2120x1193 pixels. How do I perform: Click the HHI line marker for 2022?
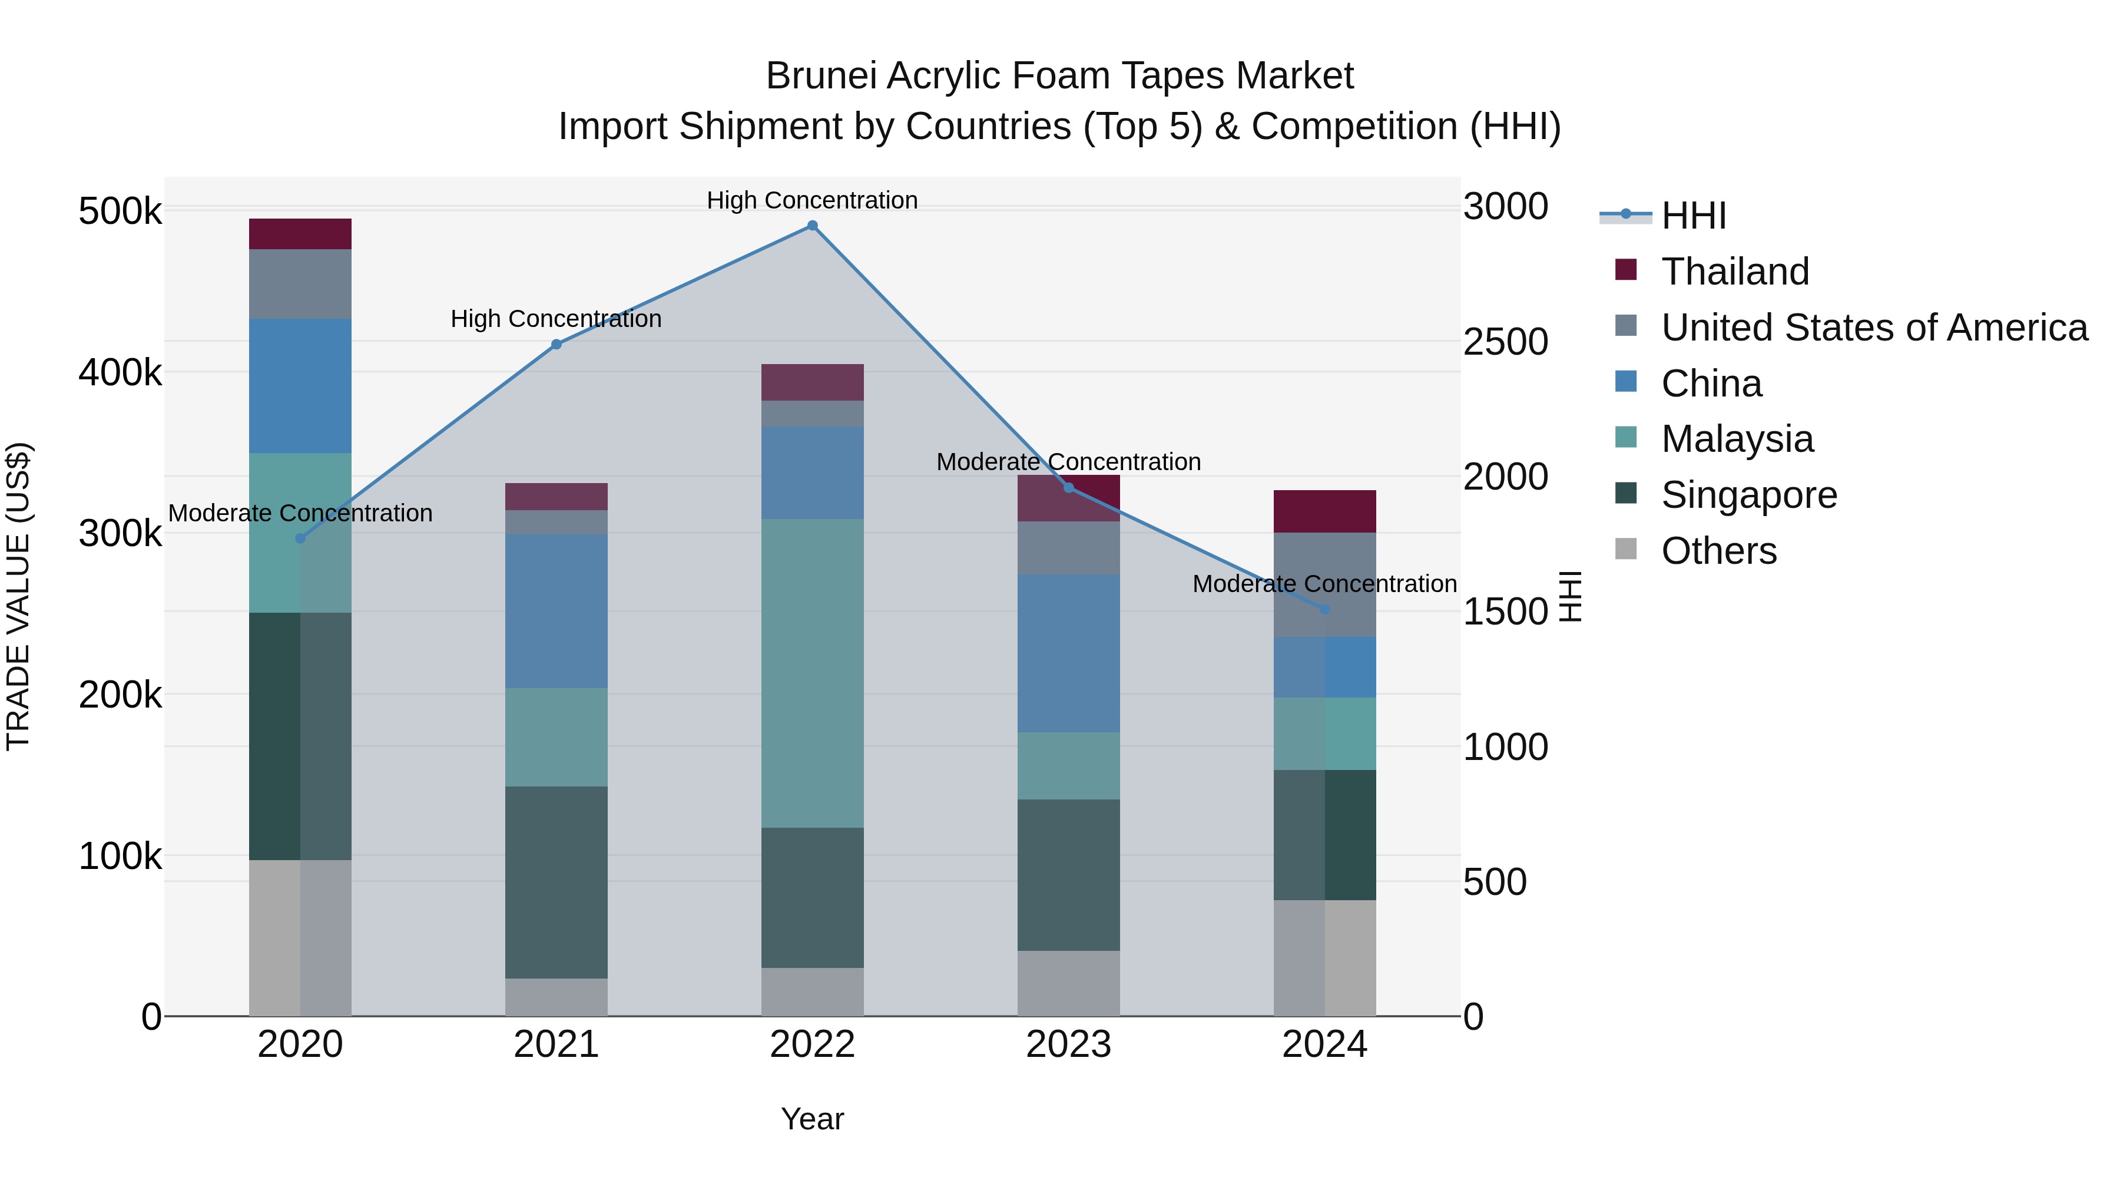point(811,226)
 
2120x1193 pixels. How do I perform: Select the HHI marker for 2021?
point(556,344)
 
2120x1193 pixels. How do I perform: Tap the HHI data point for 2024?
point(1324,609)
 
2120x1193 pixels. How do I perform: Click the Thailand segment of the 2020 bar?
point(300,234)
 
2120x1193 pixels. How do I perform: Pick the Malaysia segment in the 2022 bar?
point(811,673)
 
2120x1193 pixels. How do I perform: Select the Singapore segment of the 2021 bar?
point(556,882)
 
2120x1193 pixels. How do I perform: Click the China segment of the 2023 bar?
point(1068,653)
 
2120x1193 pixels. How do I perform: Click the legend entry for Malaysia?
point(1737,439)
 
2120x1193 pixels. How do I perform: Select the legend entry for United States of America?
point(1874,328)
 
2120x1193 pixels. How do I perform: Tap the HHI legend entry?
point(1693,216)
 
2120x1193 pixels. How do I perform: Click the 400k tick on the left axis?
point(120,373)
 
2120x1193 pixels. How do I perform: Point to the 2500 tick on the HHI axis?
point(1505,342)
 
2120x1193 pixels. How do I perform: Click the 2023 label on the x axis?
point(1068,1045)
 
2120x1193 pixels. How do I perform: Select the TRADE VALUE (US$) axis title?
point(19,596)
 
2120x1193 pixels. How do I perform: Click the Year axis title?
point(811,1119)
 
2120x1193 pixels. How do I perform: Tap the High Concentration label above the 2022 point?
point(811,200)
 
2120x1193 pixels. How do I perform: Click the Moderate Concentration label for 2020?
point(300,513)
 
